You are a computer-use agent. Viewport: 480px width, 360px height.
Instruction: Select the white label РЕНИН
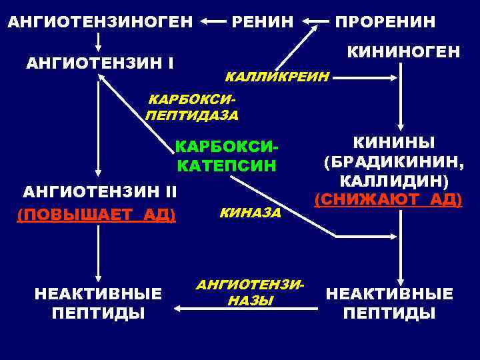click(x=262, y=21)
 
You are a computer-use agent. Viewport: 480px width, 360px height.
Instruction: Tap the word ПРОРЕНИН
click(x=385, y=21)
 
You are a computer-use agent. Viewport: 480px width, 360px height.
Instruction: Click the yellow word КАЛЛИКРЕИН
click(x=277, y=78)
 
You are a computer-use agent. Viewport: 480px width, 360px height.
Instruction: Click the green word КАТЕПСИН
click(x=226, y=165)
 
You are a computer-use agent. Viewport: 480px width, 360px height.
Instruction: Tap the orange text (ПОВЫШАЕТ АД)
click(x=96, y=214)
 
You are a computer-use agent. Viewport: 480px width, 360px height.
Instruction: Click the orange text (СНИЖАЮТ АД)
click(x=388, y=199)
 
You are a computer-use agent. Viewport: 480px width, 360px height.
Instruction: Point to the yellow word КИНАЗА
click(x=250, y=213)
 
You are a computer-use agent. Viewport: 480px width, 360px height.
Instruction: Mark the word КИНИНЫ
click(x=393, y=143)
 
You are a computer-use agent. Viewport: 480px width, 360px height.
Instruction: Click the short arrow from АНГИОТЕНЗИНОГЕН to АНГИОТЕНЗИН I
click(x=99, y=42)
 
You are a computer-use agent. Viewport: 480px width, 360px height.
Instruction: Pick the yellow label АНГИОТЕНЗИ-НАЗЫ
click(x=250, y=293)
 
